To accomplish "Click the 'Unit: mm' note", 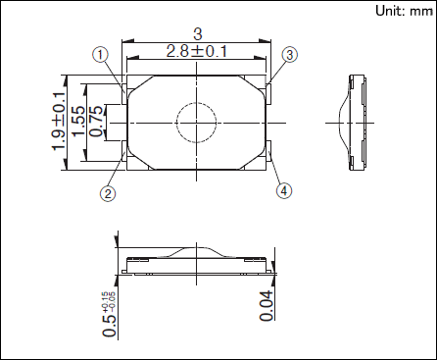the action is [404, 11].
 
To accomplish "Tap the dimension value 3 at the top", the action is [198, 34].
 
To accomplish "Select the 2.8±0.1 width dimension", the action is [196, 52].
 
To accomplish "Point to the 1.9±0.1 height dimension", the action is [59, 122].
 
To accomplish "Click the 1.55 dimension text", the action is [78, 121].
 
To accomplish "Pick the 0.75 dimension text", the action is [96, 123].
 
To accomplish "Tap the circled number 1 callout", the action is [101, 55].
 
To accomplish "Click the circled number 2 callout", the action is [108, 193].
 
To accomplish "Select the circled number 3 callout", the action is [290, 55].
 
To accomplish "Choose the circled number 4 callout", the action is [284, 190].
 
